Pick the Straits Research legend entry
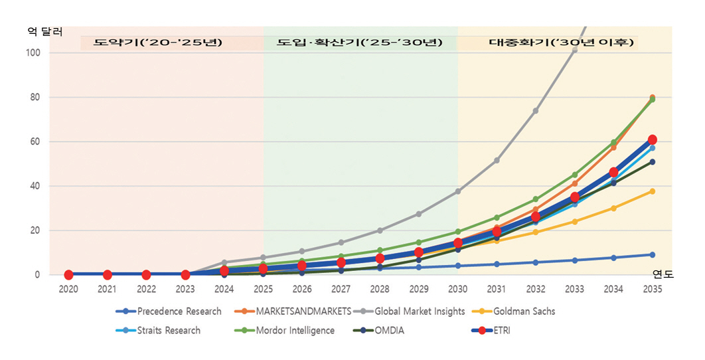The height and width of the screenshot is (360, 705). point(168,330)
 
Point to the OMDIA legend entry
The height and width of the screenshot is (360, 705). point(389,330)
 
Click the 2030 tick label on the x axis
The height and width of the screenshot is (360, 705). point(457,290)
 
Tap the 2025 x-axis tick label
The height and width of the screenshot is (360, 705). point(263,290)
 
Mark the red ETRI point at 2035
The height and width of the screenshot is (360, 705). point(653,139)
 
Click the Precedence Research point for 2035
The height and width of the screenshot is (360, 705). point(653,254)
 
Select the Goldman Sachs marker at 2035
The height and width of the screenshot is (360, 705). point(653,191)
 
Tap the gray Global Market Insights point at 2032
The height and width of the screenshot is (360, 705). point(536,111)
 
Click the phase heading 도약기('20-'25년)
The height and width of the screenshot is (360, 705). point(158,43)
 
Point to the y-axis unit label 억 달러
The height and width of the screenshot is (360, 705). point(44,31)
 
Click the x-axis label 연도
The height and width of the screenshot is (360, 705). point(662,274)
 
